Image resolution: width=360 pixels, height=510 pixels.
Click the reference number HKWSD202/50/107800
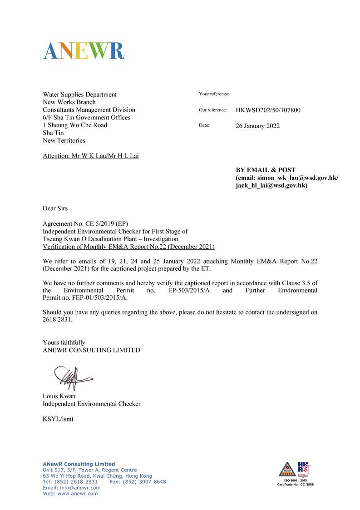coord(268,110)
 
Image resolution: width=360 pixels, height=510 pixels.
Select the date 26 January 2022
coord(257,126)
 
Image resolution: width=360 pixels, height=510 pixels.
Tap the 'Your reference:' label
coord(214,94)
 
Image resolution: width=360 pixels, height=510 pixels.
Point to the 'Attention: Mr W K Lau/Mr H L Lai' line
coord(91,156)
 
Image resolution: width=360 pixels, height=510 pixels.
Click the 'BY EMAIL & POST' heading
coord(265,170)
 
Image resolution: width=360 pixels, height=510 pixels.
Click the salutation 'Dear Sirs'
coord(55,208)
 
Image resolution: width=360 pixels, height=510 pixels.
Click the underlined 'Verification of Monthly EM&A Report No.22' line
coord(128,247)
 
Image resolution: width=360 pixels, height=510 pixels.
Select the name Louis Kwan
coord(59,396)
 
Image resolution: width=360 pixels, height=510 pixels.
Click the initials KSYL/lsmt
coord(58,419)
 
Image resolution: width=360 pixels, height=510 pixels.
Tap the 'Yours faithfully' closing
coord(64,342)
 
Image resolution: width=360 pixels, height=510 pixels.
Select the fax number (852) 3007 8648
coord(146,482)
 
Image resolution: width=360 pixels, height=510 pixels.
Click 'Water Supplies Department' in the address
coord(79,94)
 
